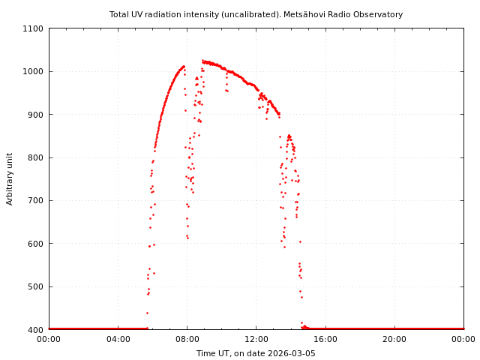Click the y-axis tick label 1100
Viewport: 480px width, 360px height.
(x=33, y=28)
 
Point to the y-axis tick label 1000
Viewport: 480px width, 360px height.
(x=33, y=71)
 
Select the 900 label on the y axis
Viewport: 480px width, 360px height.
(x=35, y=115)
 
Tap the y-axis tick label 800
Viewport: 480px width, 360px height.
(x=35, y=157)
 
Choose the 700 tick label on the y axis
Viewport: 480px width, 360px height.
(x=35, y=200)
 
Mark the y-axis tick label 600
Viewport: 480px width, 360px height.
(x=35, y=244)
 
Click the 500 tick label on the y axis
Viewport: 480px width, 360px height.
(x=35, y=286)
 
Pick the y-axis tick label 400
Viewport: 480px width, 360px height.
(x=35, y=329)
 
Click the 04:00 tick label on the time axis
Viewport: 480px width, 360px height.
(x=118, y=339)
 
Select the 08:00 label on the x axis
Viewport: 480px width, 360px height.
(x=187, y=339)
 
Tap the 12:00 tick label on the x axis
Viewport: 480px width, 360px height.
(x=256, y=339)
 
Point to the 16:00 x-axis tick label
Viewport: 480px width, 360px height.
(x=325, y=339)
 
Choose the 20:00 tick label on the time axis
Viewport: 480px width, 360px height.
(x=394, y=339)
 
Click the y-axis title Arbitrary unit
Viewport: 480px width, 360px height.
(x=10, y=178)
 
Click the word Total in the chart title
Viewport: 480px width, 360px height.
(x=120, y=14)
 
